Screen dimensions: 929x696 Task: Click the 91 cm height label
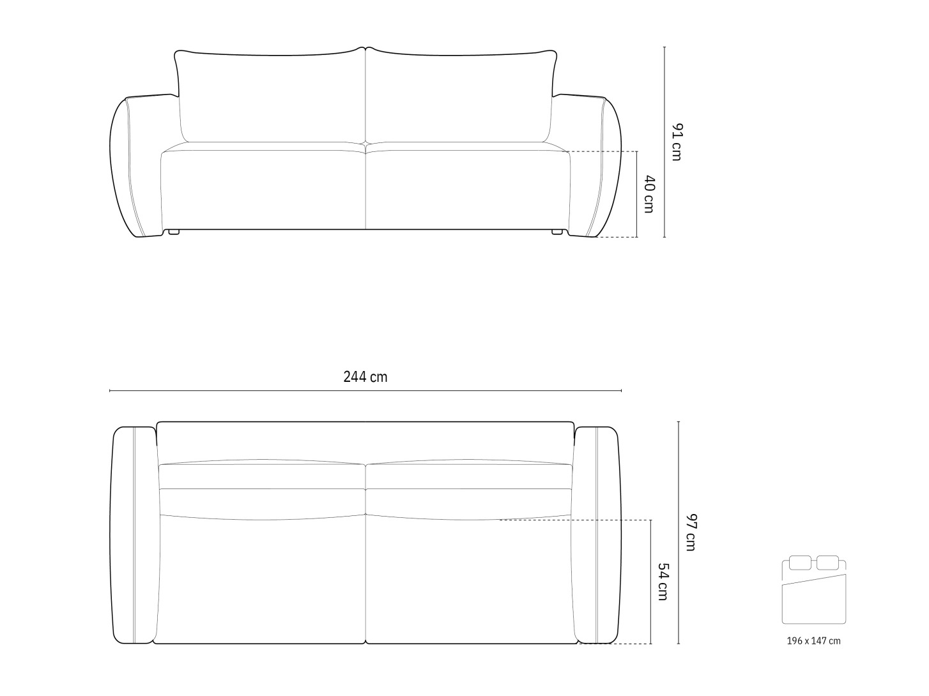677,142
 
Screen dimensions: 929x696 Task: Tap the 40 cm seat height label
649,194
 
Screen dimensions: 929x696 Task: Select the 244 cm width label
365,377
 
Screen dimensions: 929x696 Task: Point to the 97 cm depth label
691,533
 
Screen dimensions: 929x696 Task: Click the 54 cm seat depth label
663,582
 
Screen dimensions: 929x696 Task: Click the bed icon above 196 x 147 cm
813,590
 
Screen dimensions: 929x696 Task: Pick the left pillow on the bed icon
800,563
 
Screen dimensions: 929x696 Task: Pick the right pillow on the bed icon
827,563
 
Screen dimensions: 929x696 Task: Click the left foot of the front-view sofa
174,232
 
